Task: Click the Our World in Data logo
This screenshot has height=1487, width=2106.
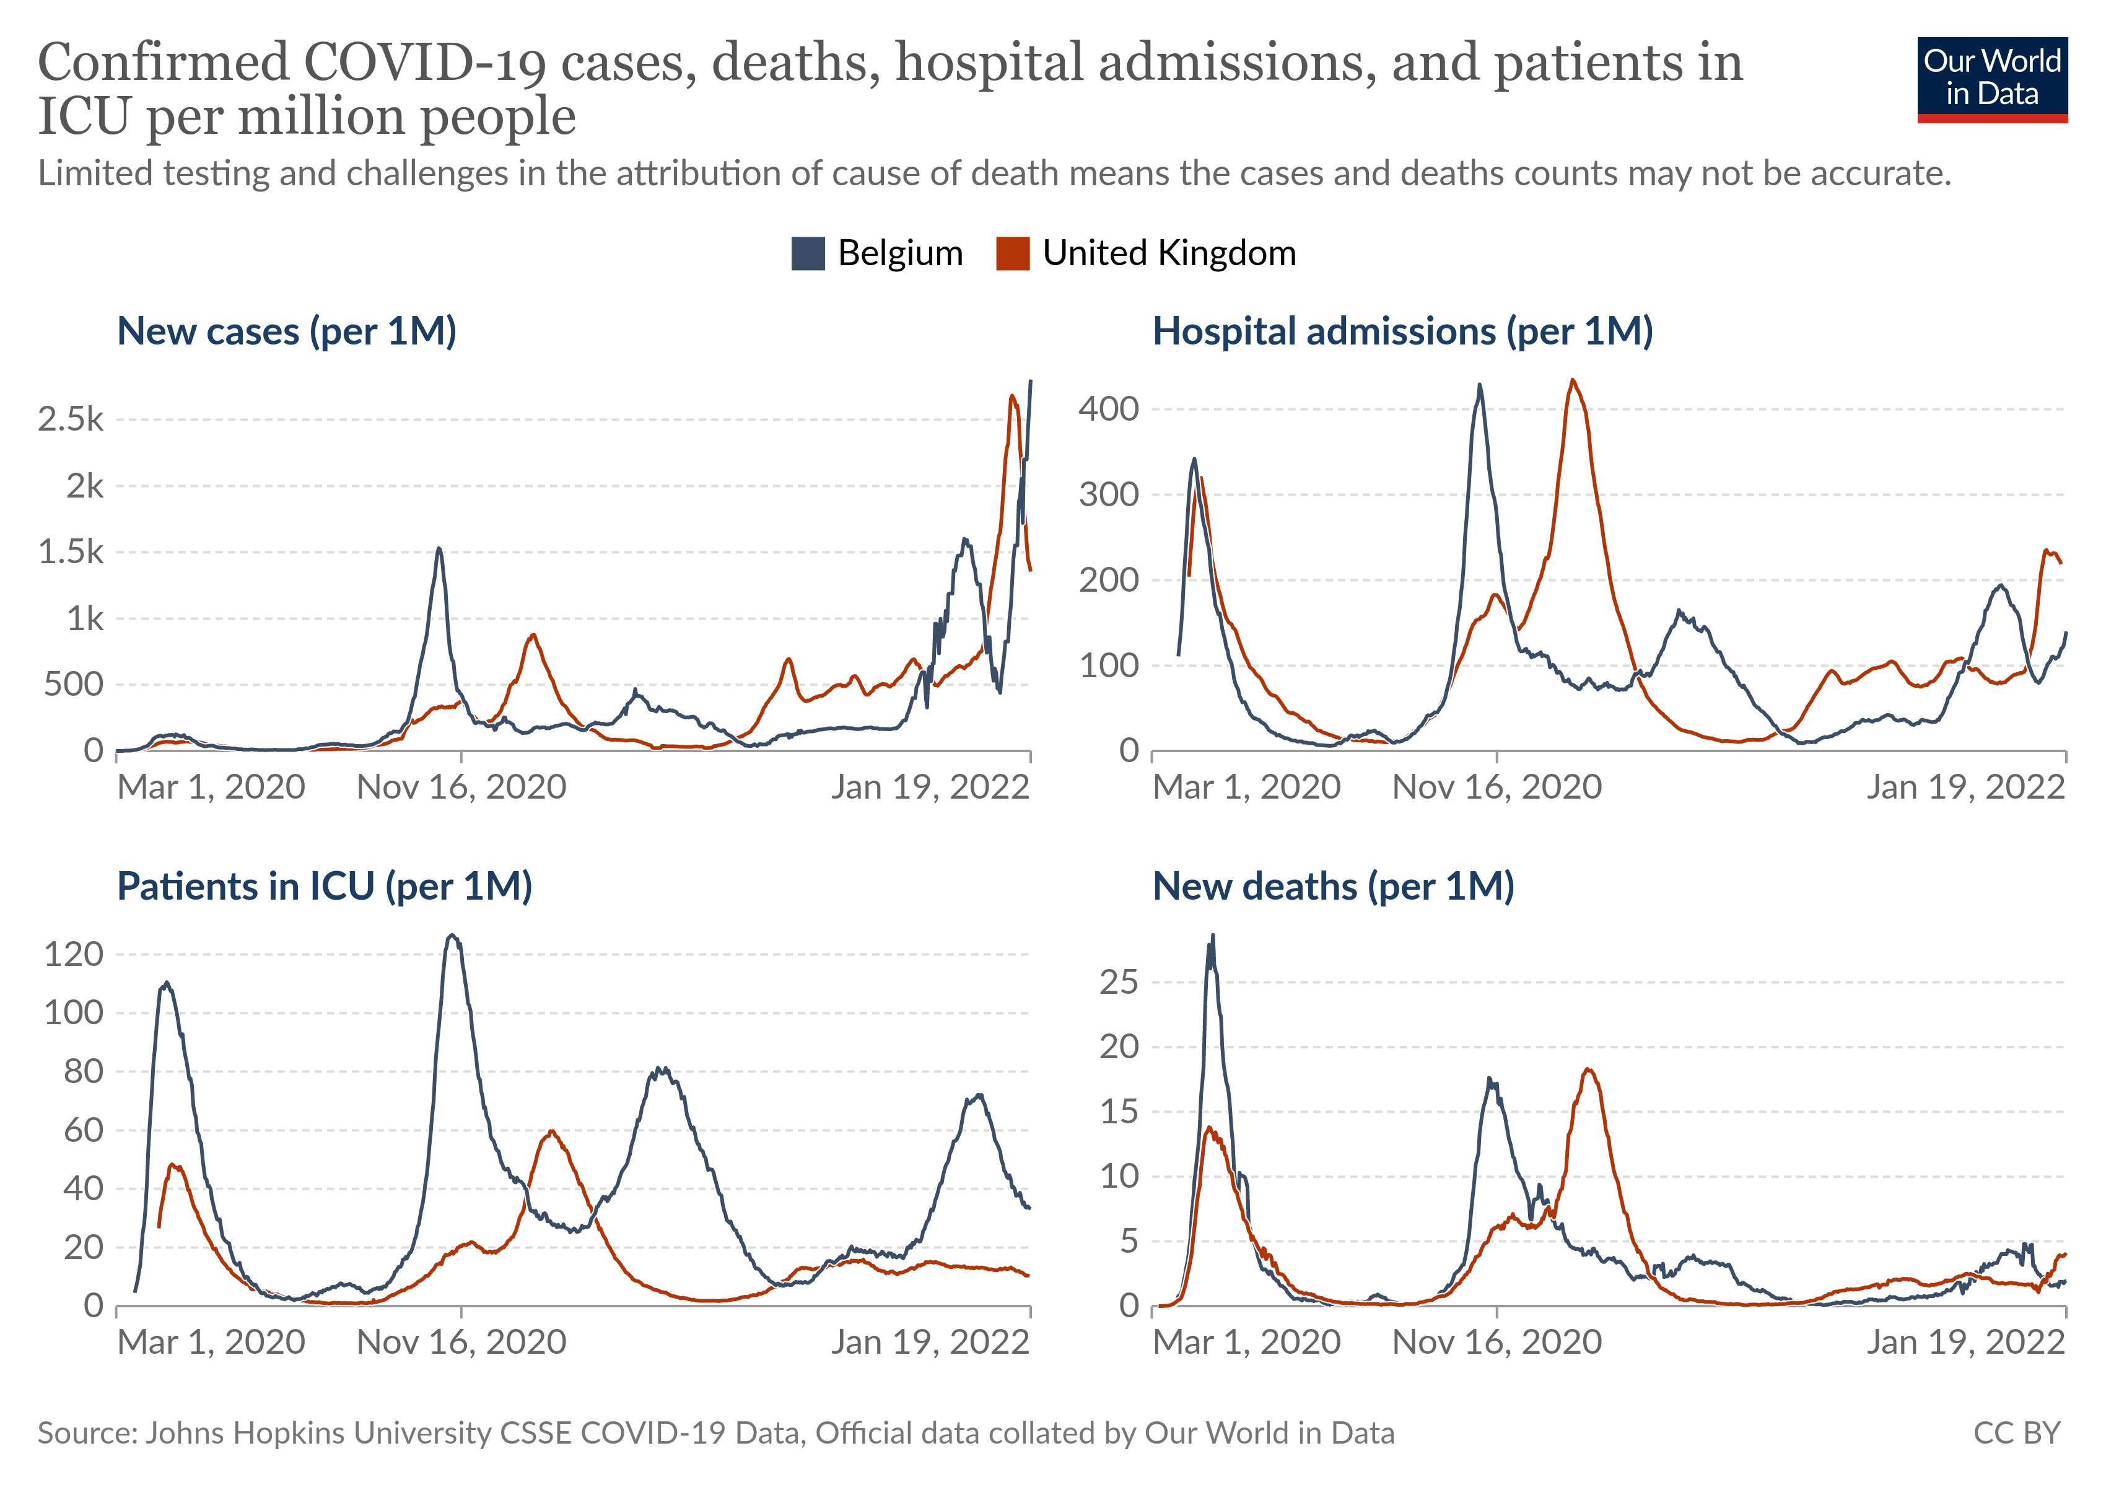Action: click(1991, 79)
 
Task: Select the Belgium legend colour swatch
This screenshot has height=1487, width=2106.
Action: click(807, 253)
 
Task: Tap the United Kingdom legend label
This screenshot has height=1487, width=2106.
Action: click(1169, 253)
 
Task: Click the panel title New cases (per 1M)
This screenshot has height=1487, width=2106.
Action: click(286, 331)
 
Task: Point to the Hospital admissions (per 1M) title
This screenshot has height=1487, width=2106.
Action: click(1402, 331)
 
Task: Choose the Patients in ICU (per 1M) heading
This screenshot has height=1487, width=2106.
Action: click(324, 886)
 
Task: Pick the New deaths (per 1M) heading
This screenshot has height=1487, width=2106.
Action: click(1333, 886)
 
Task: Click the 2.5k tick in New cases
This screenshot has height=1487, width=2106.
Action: click(71, 419)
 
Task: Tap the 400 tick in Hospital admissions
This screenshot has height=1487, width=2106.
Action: click(1108, 409)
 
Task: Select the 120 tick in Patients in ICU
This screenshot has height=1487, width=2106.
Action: click(73, 954)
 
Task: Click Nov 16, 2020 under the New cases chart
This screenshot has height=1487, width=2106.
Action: click(461, 787)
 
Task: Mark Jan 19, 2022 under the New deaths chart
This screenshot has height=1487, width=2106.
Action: click(1965, 1342)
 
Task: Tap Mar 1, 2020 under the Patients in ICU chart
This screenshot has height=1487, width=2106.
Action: click(211, 1342)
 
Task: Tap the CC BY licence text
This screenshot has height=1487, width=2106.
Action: click(2016, 1433)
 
